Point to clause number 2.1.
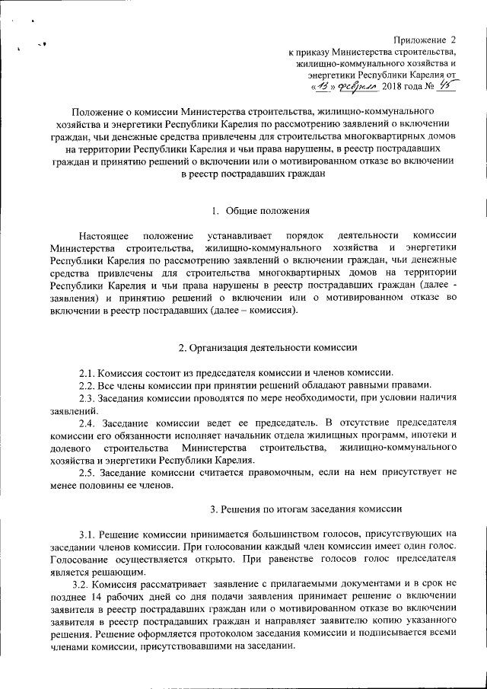(90, 372)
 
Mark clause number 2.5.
(90, 472)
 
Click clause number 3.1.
(90, 534)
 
